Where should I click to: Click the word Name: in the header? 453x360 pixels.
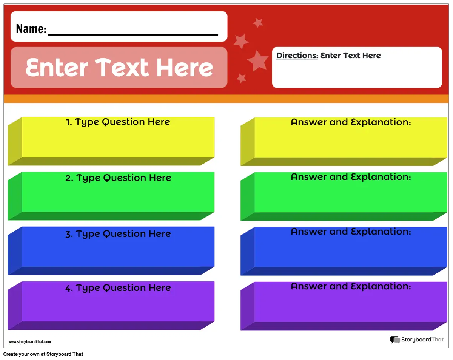[x=31, y=29]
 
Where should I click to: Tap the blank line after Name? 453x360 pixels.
[x=133, y=35]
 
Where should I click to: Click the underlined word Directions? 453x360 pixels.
[x=297, y=56]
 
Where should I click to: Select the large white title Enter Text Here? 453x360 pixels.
[x=119, y=67]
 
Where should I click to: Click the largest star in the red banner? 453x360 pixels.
[x=258, y=61]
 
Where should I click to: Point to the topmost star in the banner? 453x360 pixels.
[x=258, y=23]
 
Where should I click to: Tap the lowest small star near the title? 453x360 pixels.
[x=241, y=78]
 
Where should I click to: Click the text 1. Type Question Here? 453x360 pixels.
[x=118, y=122]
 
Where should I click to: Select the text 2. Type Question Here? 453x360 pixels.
[x=118, y=178]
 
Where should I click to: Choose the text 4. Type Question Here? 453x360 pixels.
[x=118, y=288]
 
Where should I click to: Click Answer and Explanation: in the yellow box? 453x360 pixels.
[x=351, y=122]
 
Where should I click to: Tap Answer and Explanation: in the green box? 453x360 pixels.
[x=351, y=177]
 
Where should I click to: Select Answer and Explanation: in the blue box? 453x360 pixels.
[x=351, y=232]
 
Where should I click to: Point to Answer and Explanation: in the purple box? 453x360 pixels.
[x=351, y=286]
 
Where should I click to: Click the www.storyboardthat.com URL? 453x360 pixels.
[x=30, y=341]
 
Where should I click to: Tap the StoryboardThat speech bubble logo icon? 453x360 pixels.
[x=395, y=340]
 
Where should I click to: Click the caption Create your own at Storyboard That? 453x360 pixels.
[x=43, y=354]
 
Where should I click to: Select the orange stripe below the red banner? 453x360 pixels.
[x=226, y=99]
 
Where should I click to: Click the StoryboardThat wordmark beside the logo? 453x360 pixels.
[x=422, y=340]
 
